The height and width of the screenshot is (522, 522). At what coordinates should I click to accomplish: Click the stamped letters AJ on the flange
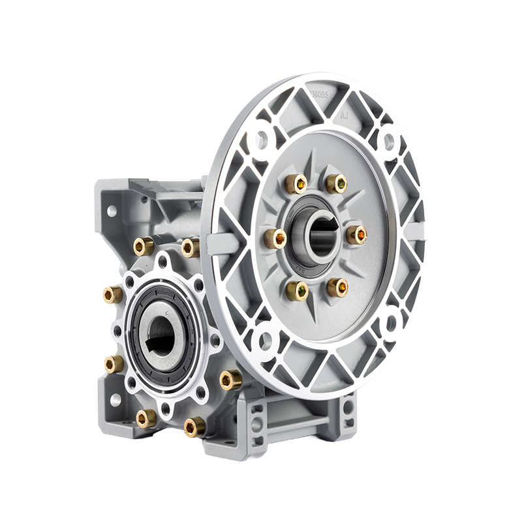click(x=345, y=115)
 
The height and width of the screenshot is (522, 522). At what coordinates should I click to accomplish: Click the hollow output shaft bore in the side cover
click(x=161, y=335)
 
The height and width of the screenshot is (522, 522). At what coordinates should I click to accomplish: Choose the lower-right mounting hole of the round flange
click(x=391, y=322)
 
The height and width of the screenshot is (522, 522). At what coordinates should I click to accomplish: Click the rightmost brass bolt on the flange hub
click(x=356, y=234)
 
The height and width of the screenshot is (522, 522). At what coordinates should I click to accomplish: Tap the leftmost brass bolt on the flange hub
click(x=275, y=238)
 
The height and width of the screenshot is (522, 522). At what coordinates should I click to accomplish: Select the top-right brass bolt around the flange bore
click(x=336, y=183)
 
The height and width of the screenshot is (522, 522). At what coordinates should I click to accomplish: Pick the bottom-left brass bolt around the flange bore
click(x=297, y=290)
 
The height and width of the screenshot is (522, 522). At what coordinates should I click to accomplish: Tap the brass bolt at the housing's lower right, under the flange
click(x=230, y=379)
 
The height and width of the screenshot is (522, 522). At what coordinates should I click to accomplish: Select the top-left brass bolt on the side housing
click(x=144, y=246)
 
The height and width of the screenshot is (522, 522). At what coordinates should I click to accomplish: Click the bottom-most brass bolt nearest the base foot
click(x=194, y=427)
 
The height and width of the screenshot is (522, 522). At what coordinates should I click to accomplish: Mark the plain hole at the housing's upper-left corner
click(x=112, y=211)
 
